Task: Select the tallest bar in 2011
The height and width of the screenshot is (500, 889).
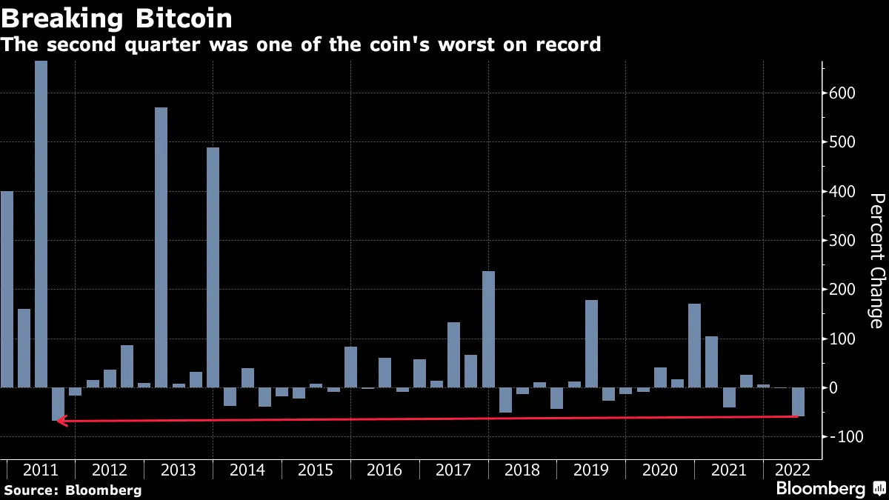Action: pyautogui.click(x=41, y=222)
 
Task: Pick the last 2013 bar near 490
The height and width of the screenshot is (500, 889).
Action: pyautogui.click(x=213, y=267)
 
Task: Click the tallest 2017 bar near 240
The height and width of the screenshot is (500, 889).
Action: pyautogui.click(x=488, y=329)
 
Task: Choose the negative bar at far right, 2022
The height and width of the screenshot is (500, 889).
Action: pyautogui.click(x=798, y=401)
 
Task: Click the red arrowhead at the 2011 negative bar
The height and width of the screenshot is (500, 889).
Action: pyautogui.click(x=62, y=421)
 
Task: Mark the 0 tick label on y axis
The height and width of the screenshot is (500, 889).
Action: pyautogui.click(x=836, y=387)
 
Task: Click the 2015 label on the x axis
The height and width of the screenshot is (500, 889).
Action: pyautogui.click(x=316, y=470)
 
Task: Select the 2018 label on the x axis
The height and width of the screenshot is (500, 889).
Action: pyautogui.click(x=522, y=470)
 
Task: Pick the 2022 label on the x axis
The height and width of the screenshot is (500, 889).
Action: pyautogui.click(x=790, y=470)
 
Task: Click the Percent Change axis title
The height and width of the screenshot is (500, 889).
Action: pyautogui.click(x=876, y=261)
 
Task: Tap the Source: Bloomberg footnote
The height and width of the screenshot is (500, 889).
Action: pyautogui.click(x=72, y=490)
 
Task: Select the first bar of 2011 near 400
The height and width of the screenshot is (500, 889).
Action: pyautogui.click(x=7, y=289)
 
